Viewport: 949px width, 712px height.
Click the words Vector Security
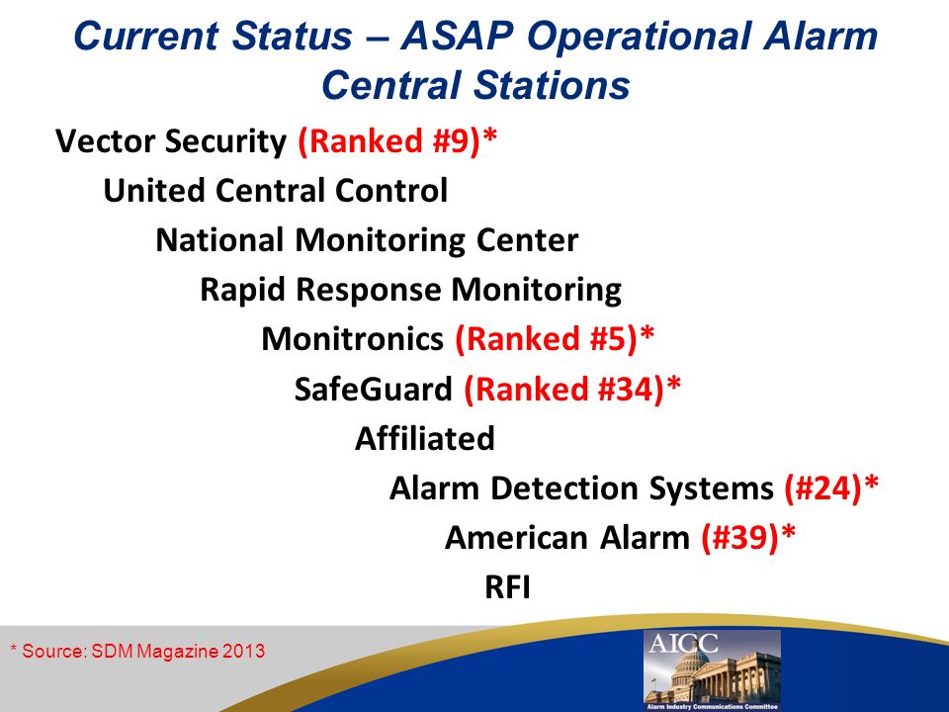(171, 141)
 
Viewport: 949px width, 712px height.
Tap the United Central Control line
(276, 190)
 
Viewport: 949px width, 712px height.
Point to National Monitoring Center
(367, 240)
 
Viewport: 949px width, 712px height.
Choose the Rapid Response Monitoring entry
(410, 290)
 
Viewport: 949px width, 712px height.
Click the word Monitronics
(352, 339)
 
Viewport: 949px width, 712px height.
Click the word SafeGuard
(373, 389)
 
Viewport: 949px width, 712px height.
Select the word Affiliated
(425, 438)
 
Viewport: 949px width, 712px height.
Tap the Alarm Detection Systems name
(581, 488)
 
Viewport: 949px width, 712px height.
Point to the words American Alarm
(567, 538)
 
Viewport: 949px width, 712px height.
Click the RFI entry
(508, 587)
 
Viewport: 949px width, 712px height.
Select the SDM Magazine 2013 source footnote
(138, 652)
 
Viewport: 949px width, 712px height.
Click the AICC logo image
(713, 669)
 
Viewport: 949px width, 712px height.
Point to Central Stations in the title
(475, 85)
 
